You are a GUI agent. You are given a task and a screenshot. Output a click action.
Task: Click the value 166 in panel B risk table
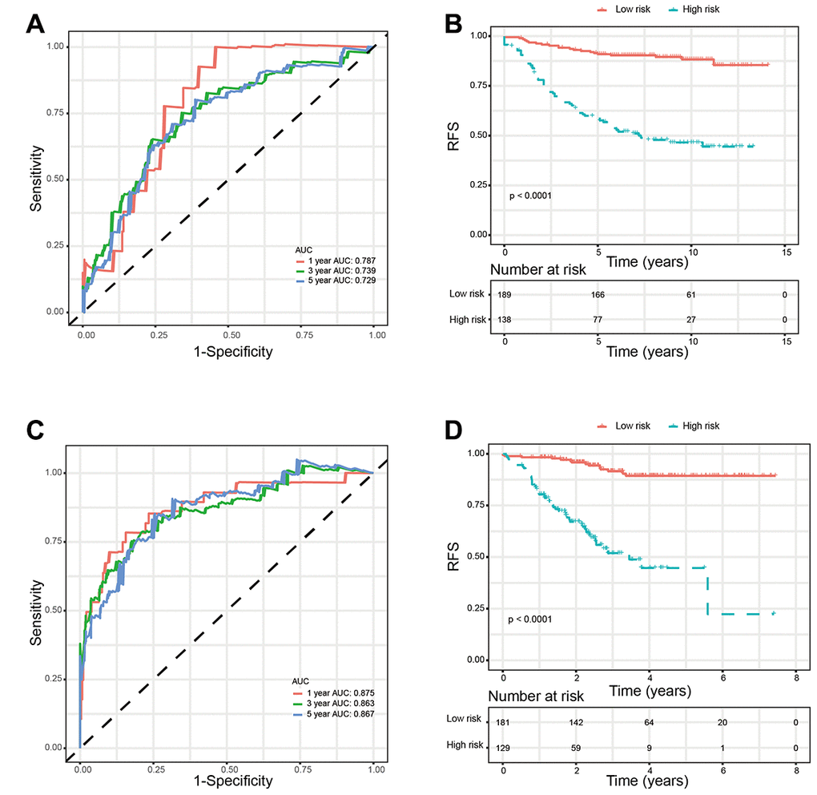click(598, 295)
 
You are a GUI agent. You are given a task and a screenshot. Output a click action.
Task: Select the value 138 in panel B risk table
click(504, 320)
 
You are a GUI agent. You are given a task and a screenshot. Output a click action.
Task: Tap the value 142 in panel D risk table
click(576, 720)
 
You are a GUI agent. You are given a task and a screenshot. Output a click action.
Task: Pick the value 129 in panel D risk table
click(503, 745)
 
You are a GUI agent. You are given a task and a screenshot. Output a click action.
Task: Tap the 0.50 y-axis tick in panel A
click(54, 179)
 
